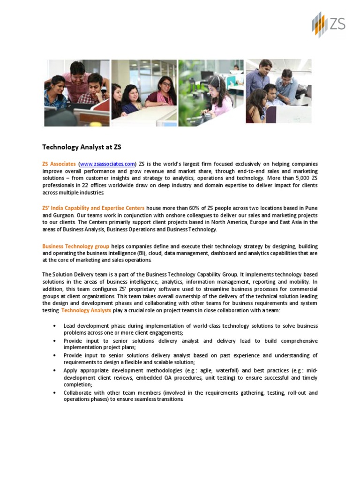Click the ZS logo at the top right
click(328, 24)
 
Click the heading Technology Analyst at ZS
click(82, 147)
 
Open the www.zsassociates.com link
click(107, 164)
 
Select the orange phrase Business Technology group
click(76, 246)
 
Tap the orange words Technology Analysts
click(86, 311)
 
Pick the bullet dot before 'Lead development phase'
click(56, 326)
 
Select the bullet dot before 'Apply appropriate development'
click(56, 370)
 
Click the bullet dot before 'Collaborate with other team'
click(56, 393)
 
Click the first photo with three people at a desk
click(76, 93)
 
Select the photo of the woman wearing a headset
click(211, 93)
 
